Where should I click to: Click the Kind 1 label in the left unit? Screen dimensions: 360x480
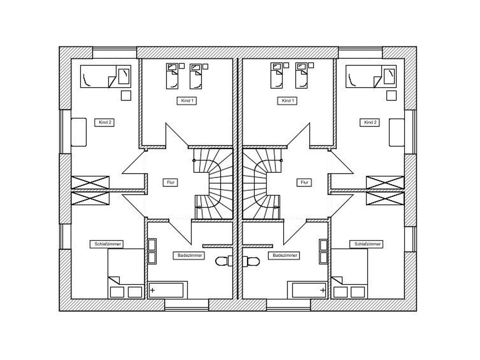(x=187, y=101)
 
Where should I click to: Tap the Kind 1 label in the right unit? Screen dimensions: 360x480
(x=287, y=101)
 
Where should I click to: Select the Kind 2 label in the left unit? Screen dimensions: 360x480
(x=105, y=122)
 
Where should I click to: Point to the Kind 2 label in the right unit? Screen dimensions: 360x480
(x=370, y=122)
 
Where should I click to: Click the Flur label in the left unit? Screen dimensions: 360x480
(x=170, y=182)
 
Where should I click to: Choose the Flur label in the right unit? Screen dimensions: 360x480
(x=304, y=182)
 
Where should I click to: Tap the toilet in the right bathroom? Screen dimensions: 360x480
(x=251, y=261)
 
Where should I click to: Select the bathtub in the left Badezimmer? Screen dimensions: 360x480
(x=168, y=290)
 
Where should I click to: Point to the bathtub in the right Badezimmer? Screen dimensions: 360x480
(x=308, y=290)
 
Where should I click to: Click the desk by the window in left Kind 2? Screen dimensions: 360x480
(x=79, y=132)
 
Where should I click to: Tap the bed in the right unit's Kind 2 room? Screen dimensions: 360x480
(x=371, y=77)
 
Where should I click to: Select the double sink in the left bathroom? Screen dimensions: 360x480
(x=152, y=251)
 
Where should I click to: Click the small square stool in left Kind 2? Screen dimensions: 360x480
(x=126, y=95)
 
